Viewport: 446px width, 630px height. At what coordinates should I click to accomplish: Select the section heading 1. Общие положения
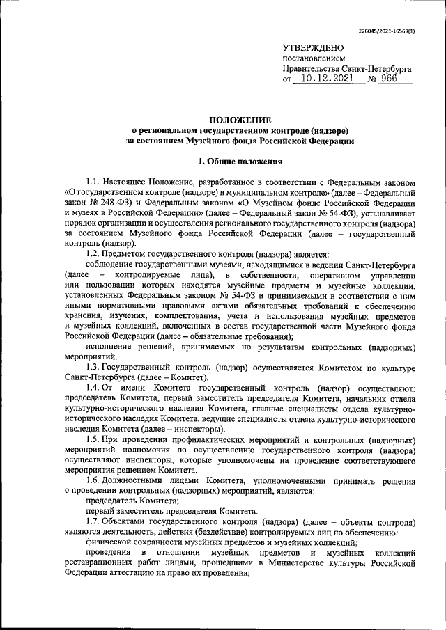click(240, 162)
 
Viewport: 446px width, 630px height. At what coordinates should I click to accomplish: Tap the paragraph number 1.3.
click(93, 366)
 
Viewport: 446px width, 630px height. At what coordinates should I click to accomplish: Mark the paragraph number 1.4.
click(93, 386)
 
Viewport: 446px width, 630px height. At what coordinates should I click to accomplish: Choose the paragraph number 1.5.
click(93, 441)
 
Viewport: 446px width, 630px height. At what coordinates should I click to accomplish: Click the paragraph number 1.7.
click(93, 521)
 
